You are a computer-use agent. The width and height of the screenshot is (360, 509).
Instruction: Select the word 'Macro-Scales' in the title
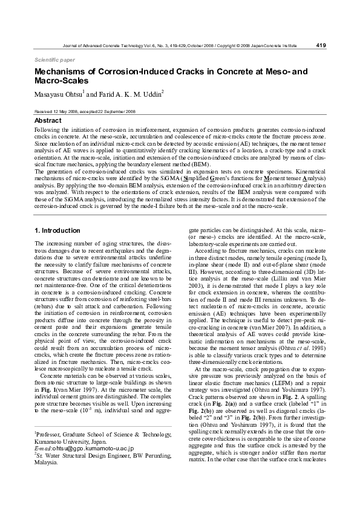click(x=61, y=80)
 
